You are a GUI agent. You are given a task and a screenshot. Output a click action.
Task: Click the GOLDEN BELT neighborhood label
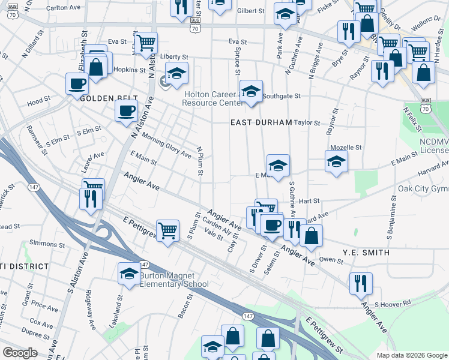102,98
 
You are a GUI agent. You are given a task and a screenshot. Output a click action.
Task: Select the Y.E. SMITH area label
366,253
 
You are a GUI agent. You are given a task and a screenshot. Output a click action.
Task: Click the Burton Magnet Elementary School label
174,280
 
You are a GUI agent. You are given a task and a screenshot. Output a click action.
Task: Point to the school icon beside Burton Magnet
128,274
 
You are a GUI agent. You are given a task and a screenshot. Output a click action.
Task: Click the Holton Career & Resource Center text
212,98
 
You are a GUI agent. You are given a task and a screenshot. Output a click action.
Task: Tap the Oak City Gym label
423,189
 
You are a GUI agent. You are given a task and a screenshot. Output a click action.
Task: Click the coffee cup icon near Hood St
76,84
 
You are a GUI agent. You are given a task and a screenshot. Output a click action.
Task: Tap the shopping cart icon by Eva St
146,43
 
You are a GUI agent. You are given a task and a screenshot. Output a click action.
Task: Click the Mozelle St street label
346,147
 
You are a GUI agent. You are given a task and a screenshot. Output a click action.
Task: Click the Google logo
20,353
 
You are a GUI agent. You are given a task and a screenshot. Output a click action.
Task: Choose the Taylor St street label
308,122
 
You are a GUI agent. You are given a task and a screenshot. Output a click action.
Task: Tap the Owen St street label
331,260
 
